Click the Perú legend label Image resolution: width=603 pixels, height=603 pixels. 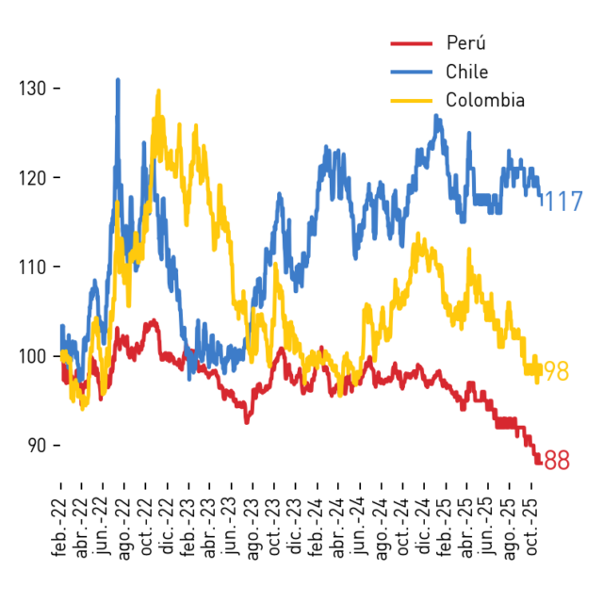click(465, 42)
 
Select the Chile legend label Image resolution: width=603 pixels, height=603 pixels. click(467, 72)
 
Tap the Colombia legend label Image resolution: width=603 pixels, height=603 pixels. click(485, 100)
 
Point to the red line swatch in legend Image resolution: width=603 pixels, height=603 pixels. click(412, 43)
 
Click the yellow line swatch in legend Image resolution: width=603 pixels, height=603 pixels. click(412, 101)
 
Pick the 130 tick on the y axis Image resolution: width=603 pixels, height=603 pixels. click(33, 89)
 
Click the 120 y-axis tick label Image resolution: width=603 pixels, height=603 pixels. click(33, 178)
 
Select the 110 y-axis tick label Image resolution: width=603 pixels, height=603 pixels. click(33, 267)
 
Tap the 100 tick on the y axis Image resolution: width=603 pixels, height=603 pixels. click(33, 356)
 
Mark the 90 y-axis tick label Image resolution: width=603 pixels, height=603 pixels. click(37, 446)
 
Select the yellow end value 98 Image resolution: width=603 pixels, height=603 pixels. click(557, 371)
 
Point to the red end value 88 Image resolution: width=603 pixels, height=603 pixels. click(557, 460)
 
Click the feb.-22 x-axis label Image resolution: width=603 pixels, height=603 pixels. click(59, 527)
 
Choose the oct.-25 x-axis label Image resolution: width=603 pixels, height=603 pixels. click(530, 527)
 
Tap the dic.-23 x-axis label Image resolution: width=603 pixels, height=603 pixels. click(295, 527)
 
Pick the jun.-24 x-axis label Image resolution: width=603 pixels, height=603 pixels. click(359, 526)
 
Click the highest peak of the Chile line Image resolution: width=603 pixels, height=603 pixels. click(118, 79)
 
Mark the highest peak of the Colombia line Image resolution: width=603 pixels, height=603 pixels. click(158, 90)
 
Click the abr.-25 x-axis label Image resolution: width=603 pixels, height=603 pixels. click(466, 528)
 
